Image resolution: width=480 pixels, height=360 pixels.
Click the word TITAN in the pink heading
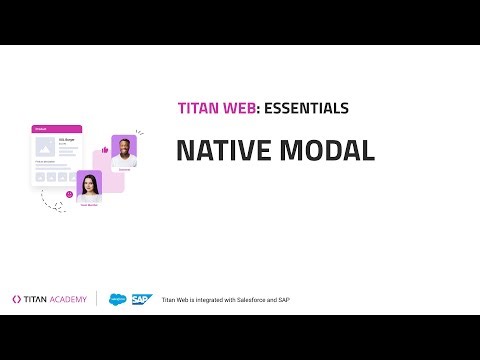[198, 108]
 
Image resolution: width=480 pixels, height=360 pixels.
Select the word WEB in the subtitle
[243, 108]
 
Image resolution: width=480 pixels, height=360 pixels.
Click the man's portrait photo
[124, 150]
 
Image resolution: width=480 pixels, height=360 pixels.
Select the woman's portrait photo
[89, 186]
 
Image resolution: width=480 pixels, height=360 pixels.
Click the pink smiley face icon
[69, 194]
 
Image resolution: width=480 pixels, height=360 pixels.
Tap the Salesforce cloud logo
[117, 298]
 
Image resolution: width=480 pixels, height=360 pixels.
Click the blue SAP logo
[140, 298]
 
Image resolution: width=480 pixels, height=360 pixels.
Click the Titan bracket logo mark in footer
[17, 298]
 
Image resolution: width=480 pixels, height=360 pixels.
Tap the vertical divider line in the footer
[97, 298]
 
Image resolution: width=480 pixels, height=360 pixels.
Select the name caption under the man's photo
[124, 169]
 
